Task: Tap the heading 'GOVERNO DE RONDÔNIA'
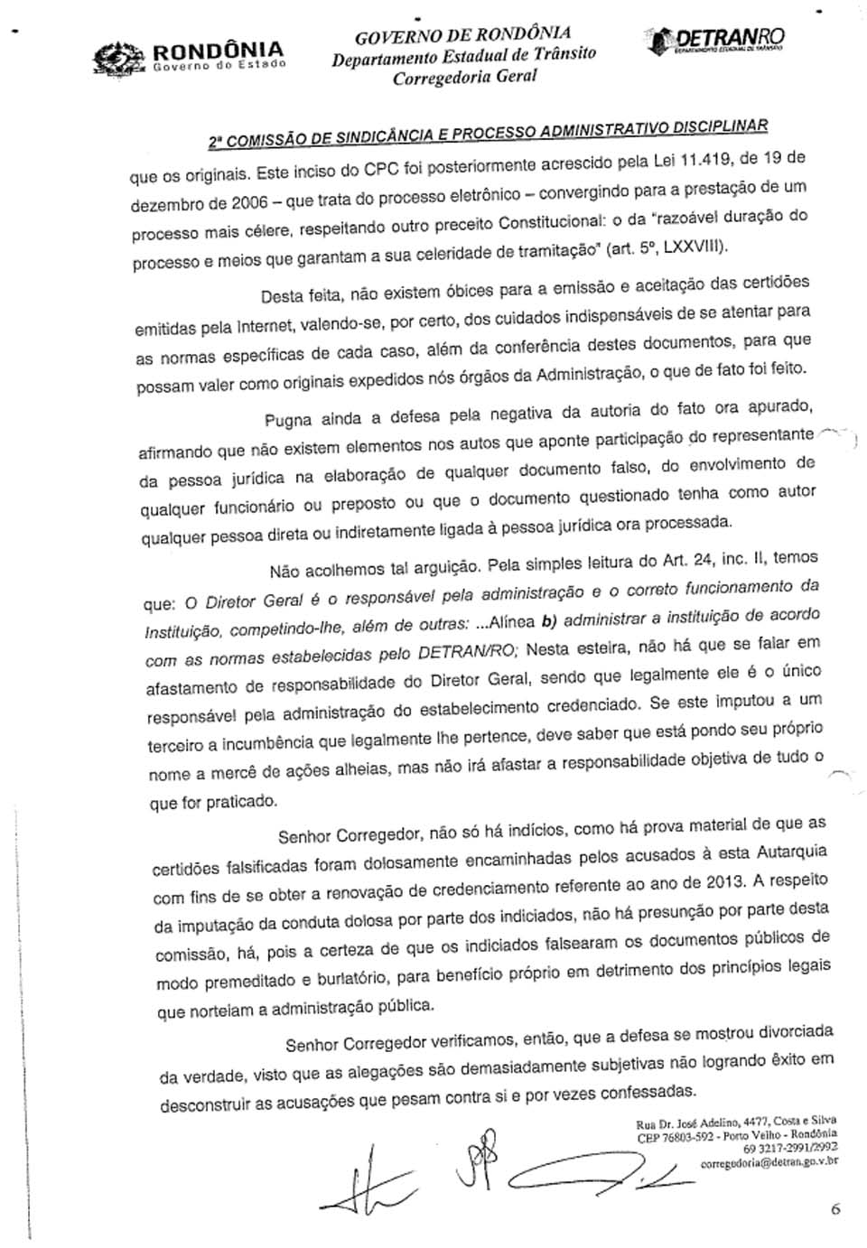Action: pyautogui.click(x=462, y=35)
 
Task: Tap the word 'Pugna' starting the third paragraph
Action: pyautogui.click(x=288, y=420)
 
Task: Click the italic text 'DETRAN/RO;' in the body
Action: pyautogui.click(x=468, y=651)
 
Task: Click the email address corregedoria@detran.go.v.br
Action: pyautogui.click(x=769, y=1163)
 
